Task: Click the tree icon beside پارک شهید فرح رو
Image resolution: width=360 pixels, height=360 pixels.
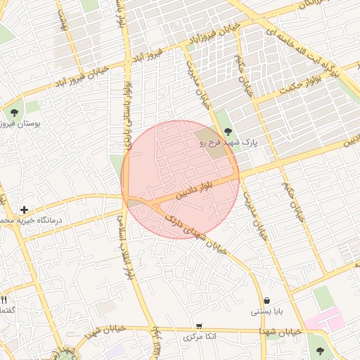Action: [x=227, y=131]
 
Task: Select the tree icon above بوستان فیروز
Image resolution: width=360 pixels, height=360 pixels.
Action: [x=13, y=112]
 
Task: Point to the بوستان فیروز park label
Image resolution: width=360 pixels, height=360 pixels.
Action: [x=21, y=124]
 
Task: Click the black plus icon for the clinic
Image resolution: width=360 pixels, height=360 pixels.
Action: [x=25, y=210]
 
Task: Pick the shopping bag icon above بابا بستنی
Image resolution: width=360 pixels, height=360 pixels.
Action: [x=266, y=300]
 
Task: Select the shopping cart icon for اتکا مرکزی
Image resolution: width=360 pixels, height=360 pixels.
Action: [x=200, y=326]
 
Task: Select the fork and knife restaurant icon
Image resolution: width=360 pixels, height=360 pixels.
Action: [x=4, y=300]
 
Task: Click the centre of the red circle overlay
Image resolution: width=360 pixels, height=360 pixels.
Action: [x=181, y=179]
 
